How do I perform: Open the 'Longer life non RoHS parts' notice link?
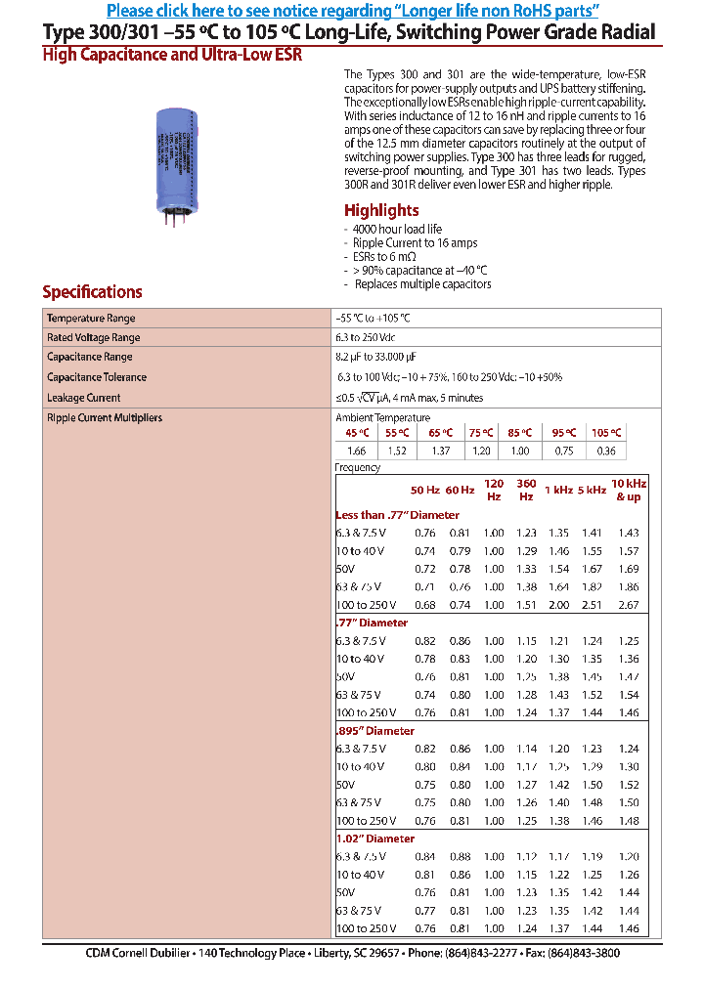pos(352,11)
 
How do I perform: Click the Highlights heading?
pos(381,210)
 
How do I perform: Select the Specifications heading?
pos(92,291)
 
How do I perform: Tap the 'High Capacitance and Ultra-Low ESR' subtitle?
pos(172,56)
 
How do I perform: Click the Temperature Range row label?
pos(91,319)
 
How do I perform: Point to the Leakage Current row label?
pos(84,398)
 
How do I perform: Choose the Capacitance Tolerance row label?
pos(97,377)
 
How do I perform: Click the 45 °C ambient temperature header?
pos(357,432)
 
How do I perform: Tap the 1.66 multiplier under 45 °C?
pos(357,451)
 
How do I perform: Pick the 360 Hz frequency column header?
pos(526,490)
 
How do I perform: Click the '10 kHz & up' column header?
pos(629,490)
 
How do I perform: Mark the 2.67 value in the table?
pos(629,605)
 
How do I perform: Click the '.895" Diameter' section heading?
pos(375,731)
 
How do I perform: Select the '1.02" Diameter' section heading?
pos(375,838)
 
